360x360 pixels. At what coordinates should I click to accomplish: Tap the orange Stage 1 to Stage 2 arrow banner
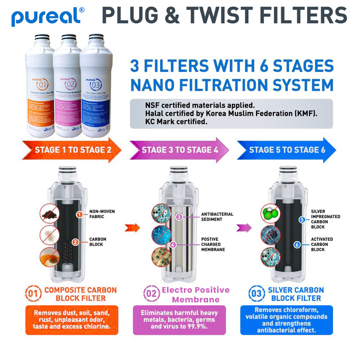[72, 150]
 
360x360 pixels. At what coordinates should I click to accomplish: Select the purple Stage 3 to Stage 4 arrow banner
[179, 150]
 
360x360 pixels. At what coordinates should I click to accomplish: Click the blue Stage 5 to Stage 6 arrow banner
[286, 150]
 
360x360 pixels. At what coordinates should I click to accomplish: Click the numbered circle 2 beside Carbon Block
[75, 242]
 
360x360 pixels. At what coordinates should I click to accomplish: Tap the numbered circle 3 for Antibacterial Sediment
[179, 217]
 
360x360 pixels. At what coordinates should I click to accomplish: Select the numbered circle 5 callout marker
[302, 219]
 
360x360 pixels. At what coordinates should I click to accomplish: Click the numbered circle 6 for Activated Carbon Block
[297, 244]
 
